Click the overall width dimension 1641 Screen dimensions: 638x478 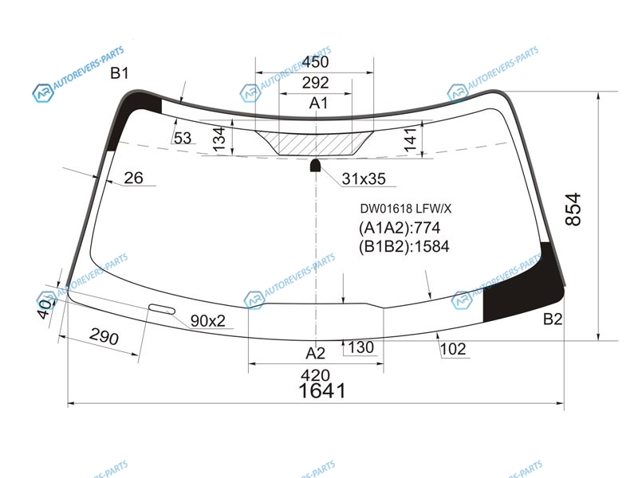(322, 391)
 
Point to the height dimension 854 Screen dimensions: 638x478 (573, 210)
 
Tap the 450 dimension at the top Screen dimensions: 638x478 (315, 62)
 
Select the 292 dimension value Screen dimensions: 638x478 (315, 83)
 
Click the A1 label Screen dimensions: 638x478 (318, 104)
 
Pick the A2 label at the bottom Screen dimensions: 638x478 (315, 353)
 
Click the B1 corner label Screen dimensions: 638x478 (120, 73)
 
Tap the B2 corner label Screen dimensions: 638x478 (553, 319)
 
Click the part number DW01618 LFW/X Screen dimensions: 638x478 (406, 209)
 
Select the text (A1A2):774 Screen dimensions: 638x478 (400, 228)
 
